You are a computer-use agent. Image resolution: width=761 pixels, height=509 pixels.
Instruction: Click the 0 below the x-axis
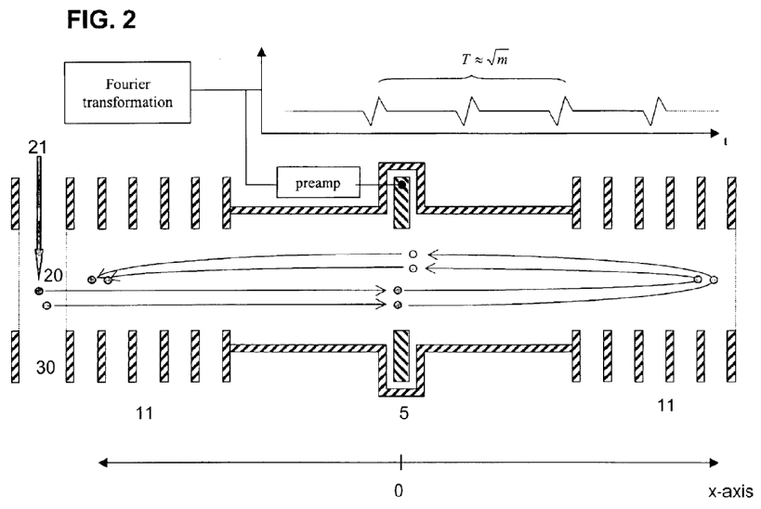point(400,489)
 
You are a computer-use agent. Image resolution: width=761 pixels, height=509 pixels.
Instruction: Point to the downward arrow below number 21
point(39,218)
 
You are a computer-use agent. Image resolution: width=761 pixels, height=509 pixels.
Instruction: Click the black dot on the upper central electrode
point(401,185)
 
